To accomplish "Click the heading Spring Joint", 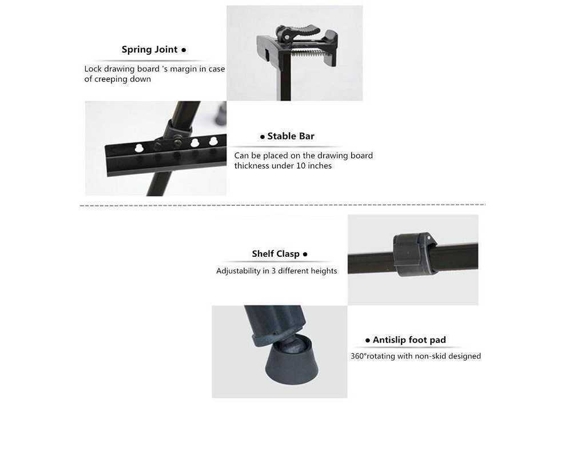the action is click(x=149, y=50).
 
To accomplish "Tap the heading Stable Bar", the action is click(x=291, y=136).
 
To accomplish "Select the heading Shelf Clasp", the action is click(x=276, y=254).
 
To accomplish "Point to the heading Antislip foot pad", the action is click(x=409, y=340).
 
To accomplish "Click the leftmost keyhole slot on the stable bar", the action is click(x=139, y=148).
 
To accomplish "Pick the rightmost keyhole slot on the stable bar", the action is click(x=213, y=141).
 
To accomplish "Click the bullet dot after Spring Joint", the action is click(x=184, y=50).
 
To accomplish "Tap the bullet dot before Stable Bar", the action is click(x=262, y=137).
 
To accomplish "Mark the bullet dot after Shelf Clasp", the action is click(x=305, y=254).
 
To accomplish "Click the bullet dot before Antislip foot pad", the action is click(x=368, y=340).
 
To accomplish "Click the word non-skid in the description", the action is click(x=429, y=356).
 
